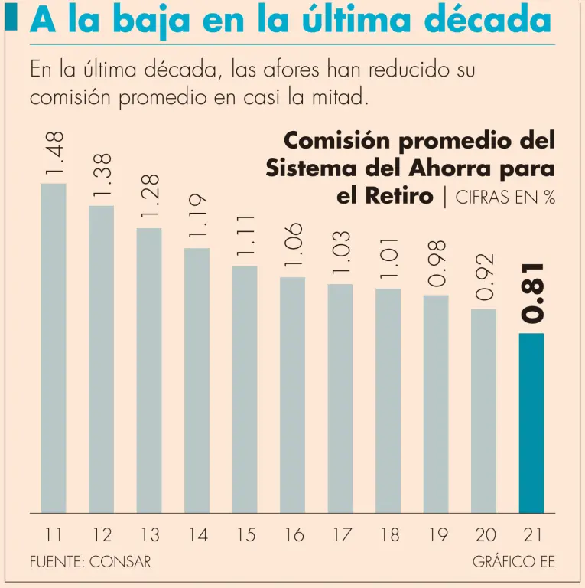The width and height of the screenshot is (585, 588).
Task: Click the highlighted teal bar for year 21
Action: click(531, 423)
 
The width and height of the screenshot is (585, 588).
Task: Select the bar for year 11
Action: click(54, 348)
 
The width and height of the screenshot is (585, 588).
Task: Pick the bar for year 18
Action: click(388, 400)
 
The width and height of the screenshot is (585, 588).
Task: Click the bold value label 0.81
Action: click(532, 293)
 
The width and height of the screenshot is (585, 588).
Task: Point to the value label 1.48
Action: click(54, 152)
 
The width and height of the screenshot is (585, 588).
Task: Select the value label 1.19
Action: click(197, 217)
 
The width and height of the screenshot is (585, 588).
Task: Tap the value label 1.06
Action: click(293, 245)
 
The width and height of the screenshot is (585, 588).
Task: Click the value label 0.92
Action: click(484, 277)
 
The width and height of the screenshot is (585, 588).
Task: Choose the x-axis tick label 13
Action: click(149, 535)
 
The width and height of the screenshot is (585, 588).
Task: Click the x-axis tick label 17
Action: click(340, 535)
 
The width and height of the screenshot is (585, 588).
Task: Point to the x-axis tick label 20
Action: click(484, 535)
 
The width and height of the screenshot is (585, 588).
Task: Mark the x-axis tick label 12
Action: click(102, 535)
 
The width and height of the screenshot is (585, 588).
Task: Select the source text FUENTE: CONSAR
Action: click(90, 562)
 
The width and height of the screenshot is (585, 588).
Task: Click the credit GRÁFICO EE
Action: click(513, 562)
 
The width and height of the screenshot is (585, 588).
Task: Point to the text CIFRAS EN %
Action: click(505, 197)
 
